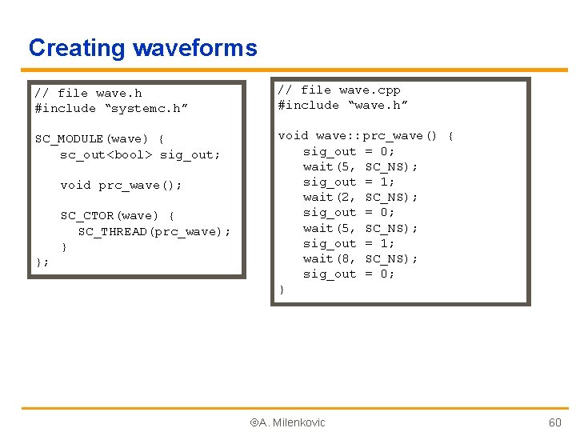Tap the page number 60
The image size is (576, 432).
coord(554,422)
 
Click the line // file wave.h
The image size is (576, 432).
coord(88,94)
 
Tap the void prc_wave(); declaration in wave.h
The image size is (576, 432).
coord(121,186)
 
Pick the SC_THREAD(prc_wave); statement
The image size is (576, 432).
coord(154,232)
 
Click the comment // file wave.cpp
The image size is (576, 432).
coord(338,90)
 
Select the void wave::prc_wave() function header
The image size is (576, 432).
coord(365,136)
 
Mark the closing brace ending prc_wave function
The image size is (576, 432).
coord(282,290)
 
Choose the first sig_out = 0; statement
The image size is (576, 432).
coord(349,151)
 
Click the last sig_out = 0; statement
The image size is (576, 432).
coord(349,274)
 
